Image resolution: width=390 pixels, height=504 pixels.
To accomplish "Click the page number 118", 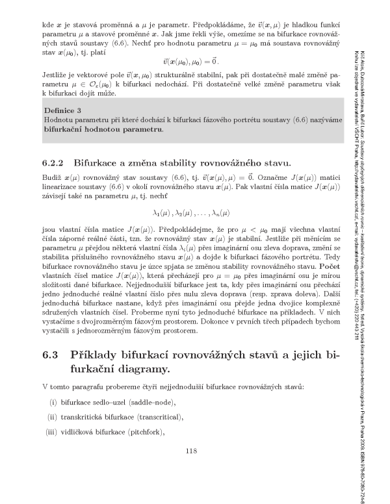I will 191,452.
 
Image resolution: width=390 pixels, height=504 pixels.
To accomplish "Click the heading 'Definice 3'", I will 65,110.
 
